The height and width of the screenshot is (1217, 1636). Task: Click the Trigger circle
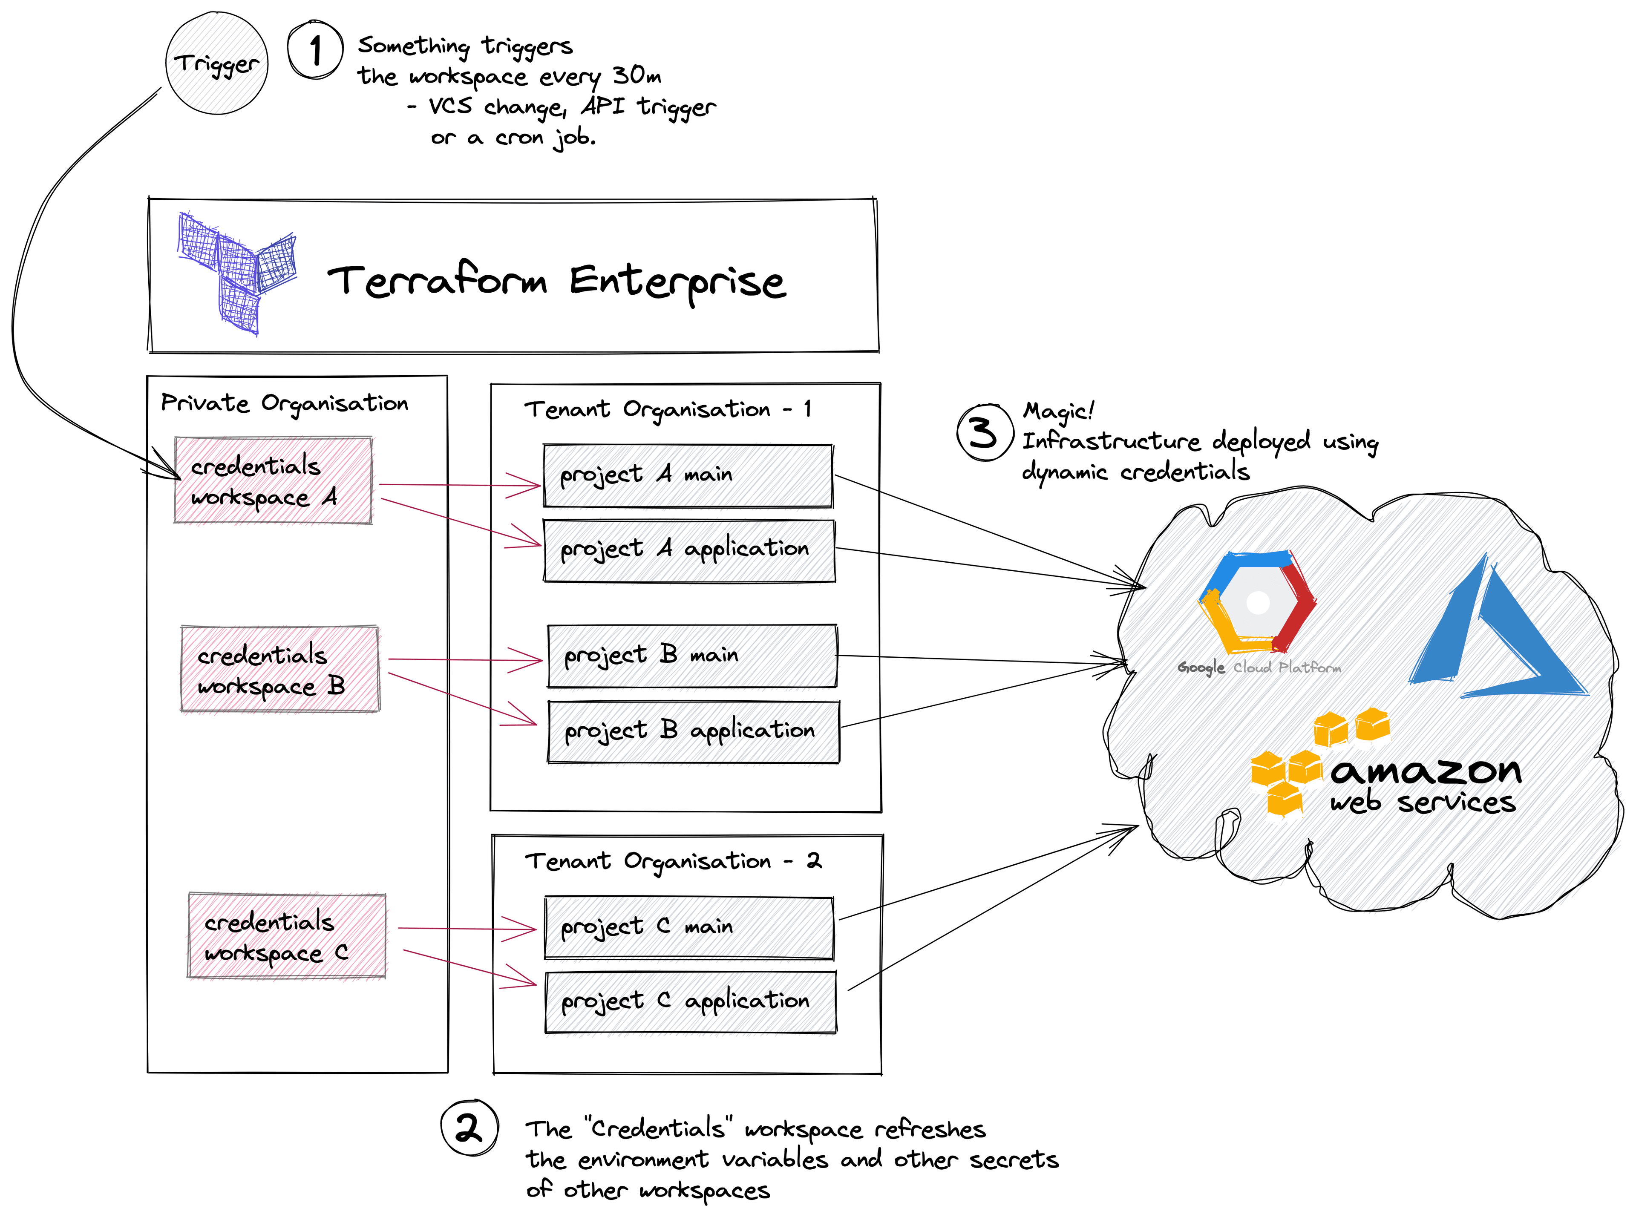(216, 63)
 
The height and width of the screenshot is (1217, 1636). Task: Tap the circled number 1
(315, 50)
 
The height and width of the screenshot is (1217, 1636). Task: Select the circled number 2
(469, 1127)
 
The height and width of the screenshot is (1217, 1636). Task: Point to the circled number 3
(984, 432)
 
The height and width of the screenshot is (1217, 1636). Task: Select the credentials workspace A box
(273, 480)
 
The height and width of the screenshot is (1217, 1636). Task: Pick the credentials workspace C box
(286, 935)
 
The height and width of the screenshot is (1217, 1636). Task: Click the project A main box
(687, 475)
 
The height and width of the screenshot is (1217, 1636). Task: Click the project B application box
(692, 731)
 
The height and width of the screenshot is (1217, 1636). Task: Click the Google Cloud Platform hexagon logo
(1257, 602)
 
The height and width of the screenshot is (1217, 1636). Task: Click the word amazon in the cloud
(1426, 771)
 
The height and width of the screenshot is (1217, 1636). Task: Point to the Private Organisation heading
(284, 403)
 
